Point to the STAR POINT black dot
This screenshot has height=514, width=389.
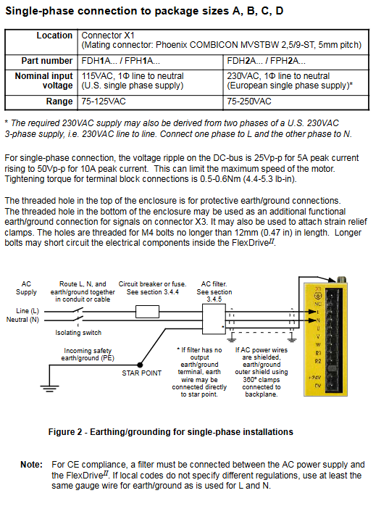(x=140, y=365)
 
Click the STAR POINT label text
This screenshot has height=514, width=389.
(x=141, y=373)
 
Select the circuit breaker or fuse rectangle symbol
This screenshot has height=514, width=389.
(x=147, y=312)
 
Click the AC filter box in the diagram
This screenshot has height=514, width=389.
(x=214, y=319)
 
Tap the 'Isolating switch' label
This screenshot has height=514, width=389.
(x=78, y=332)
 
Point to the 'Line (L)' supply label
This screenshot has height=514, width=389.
(x=28, y=311)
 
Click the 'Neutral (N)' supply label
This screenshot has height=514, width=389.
(x=22, y=320)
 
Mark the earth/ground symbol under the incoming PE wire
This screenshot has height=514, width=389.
(x=49, y=388)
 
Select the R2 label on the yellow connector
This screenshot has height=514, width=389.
(x=318, y=361)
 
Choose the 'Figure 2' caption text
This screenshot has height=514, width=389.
(x=171, y=432)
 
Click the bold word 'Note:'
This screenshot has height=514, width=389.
(x=31, y=465)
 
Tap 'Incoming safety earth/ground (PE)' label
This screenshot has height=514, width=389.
(x=88, y=355)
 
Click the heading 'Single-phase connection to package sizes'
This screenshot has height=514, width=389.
(x=117, y=11)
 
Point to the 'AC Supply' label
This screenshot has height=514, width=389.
(x=26, y=288)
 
